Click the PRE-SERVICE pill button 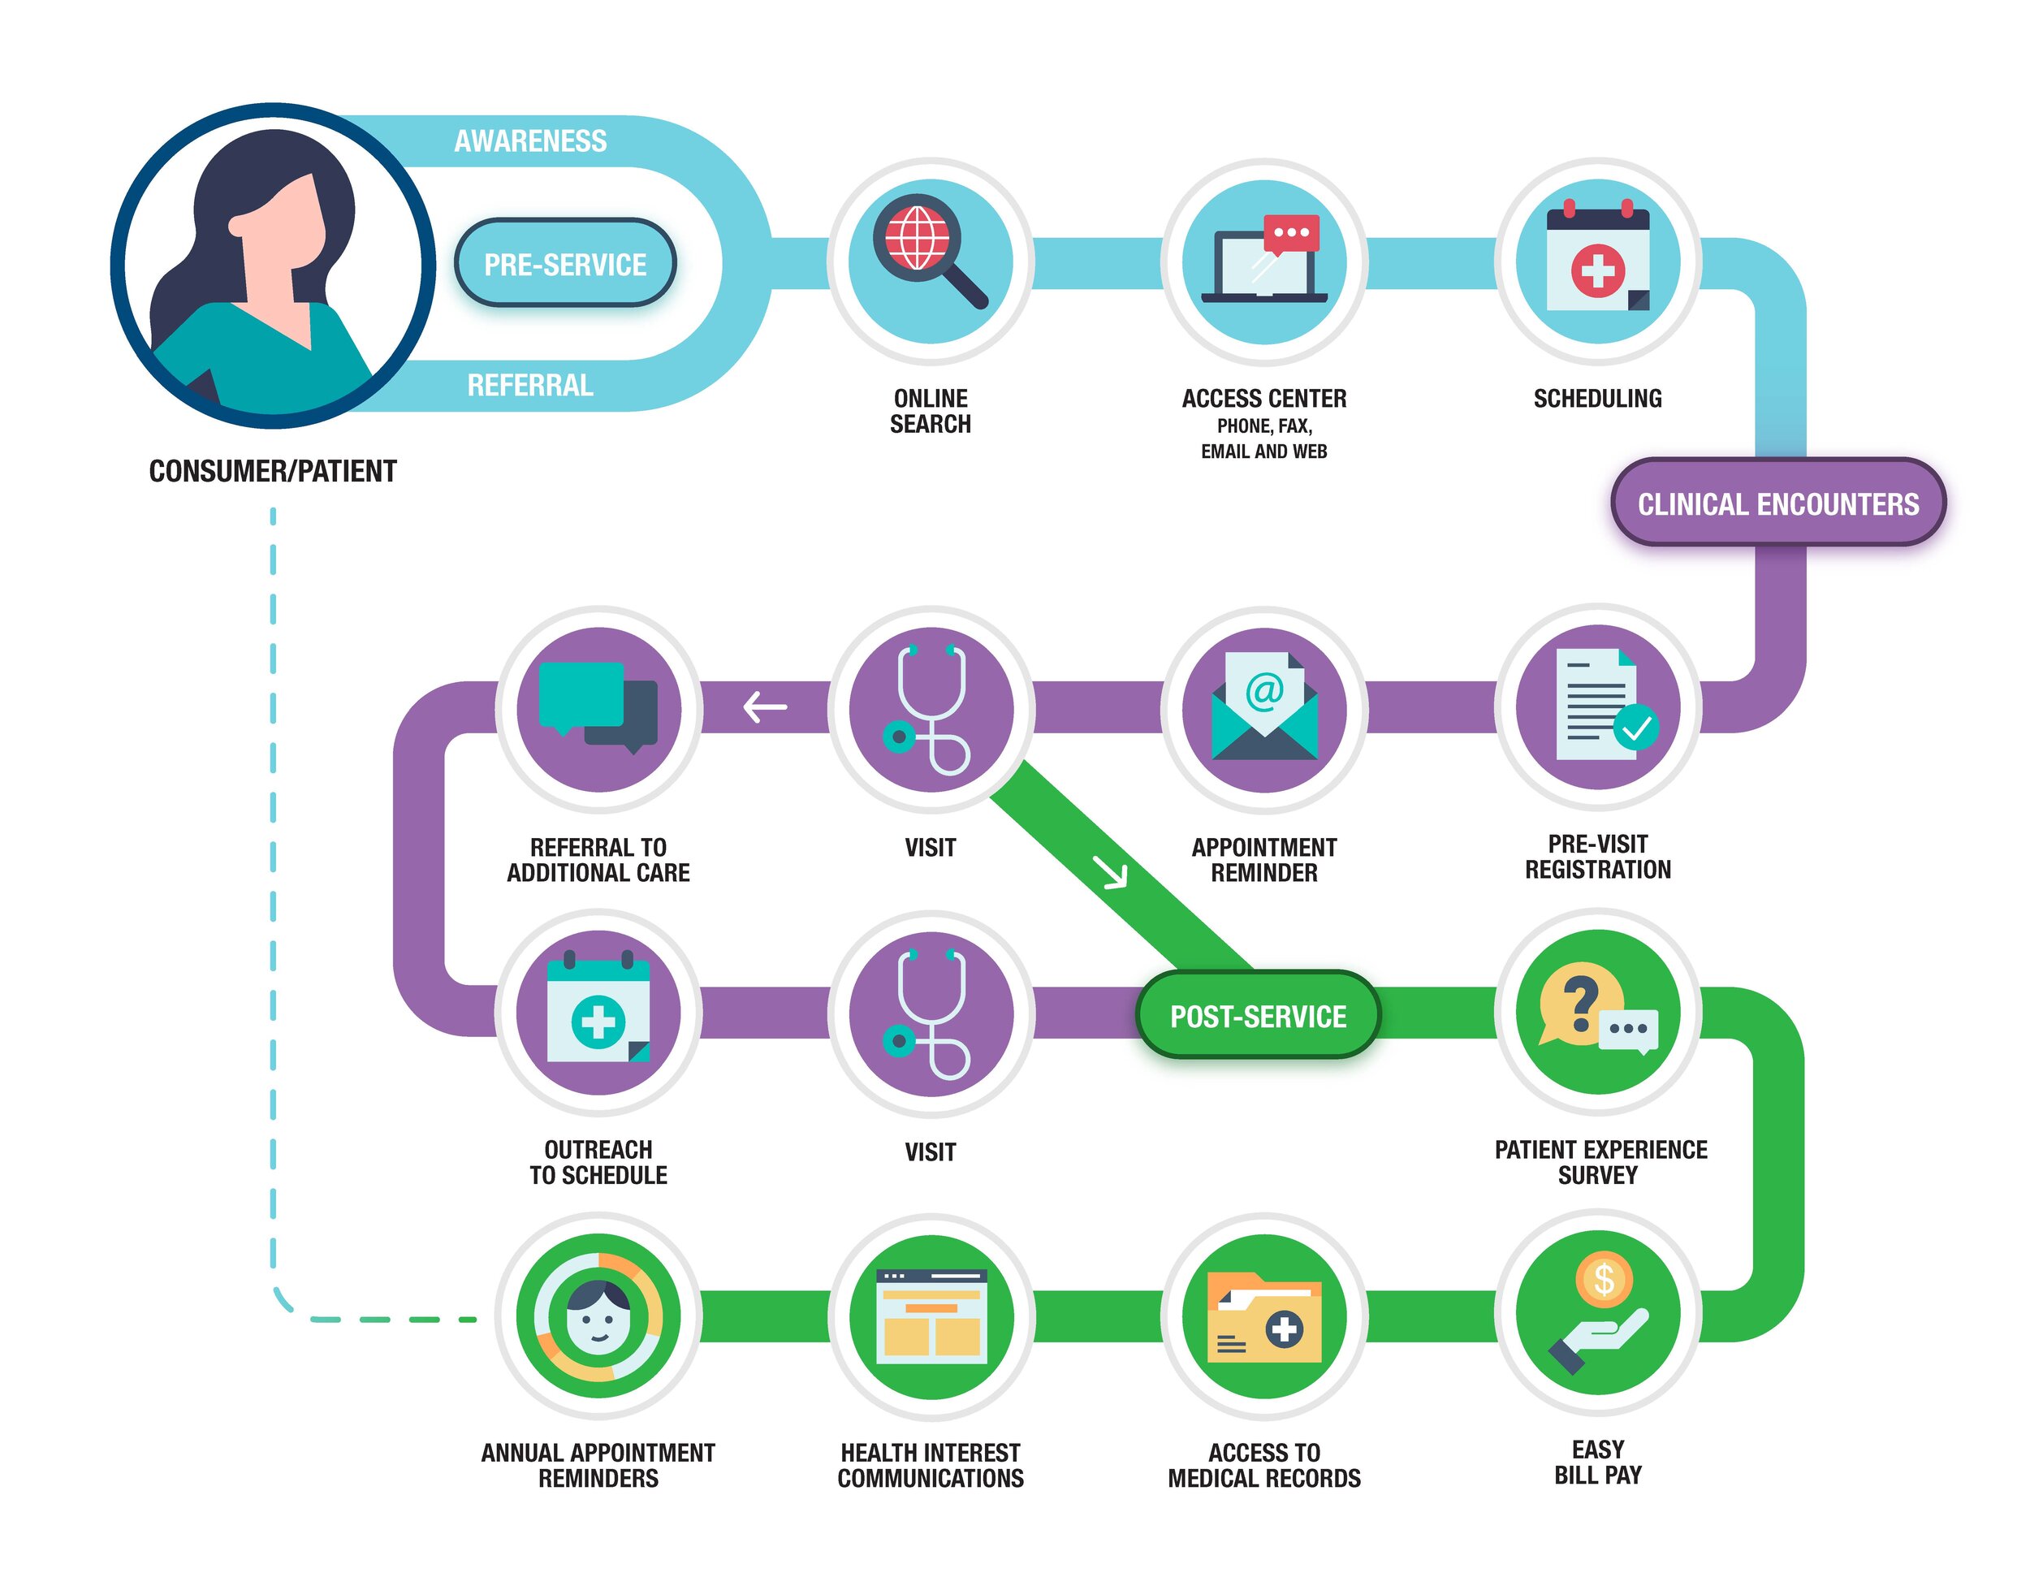pos(564,265)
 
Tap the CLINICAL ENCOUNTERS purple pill pos(1777,503)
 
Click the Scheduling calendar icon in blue pos(1597,261)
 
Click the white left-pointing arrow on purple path pos(765,707)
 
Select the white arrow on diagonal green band pos(1109,872)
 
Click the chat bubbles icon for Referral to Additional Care pos(598,706)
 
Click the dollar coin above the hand pos(1603,1279)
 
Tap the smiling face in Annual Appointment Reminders pos(598,1316)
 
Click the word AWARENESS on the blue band pos(529,141)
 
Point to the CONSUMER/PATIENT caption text pos(273,471)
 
